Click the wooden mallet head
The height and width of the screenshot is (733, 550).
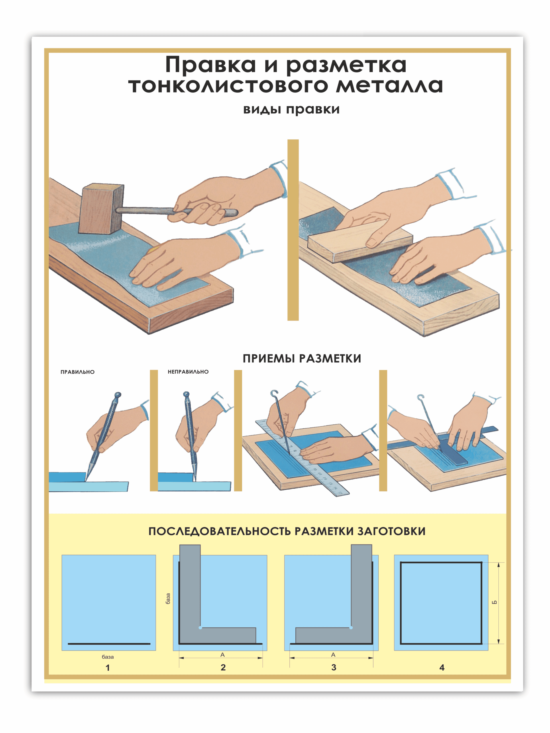(x=101, y=209)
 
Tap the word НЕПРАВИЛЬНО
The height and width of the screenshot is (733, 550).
(x=188, y=372)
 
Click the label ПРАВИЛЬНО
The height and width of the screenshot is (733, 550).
(x=78, y=372)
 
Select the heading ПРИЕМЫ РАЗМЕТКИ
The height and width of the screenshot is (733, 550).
(x=302, y=358)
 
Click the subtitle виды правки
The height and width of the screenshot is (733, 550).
(x=291, y=109)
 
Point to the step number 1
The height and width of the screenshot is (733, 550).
(x=108, y=668)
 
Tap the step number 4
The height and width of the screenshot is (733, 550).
(x=442, y=667)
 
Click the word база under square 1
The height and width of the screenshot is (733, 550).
(x=108, y=657)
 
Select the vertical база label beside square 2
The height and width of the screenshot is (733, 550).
(x=168, y=598)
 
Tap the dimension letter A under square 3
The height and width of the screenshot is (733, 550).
(x=333, y=655)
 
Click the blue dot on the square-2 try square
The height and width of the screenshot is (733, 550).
(x=200, y=628)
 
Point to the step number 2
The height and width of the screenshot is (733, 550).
(x=223, y=667)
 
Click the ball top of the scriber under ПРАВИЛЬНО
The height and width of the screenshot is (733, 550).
(x=118, y=395)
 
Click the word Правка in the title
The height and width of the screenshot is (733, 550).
(x=211, y=65)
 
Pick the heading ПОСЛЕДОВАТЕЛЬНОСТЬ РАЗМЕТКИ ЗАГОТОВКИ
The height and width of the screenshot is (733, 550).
(x=287, y=531)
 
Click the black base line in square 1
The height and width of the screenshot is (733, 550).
(x=109, y=644)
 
